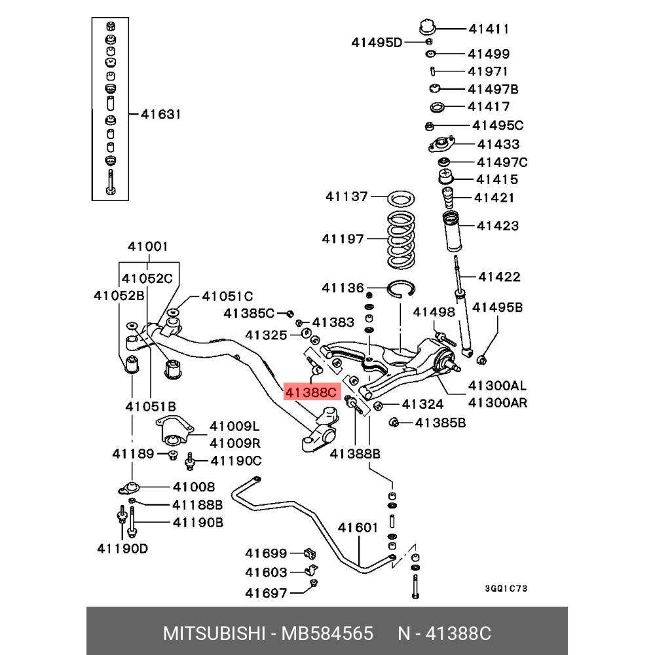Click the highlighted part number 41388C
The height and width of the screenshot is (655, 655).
[x=310, y=392]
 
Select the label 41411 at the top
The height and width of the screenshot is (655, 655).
[x=489, y=29]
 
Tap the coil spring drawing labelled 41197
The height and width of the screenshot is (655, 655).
[x=400, y=239]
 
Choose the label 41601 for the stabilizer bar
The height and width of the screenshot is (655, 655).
[x=358, y=528]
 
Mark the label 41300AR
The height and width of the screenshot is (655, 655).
[x=498, y=402]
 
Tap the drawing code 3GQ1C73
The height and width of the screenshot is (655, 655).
[x=506, y=589]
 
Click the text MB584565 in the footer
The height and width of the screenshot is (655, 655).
[x=327, y=634]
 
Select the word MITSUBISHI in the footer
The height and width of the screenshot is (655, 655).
[x=214, y=634]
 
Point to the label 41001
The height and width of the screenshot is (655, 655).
[x=147, y=247]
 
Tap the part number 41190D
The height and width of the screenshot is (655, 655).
[x=122, y=548]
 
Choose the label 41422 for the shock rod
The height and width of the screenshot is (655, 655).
[x=499, y=276]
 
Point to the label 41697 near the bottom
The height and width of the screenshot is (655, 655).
[x=266, y=593]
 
